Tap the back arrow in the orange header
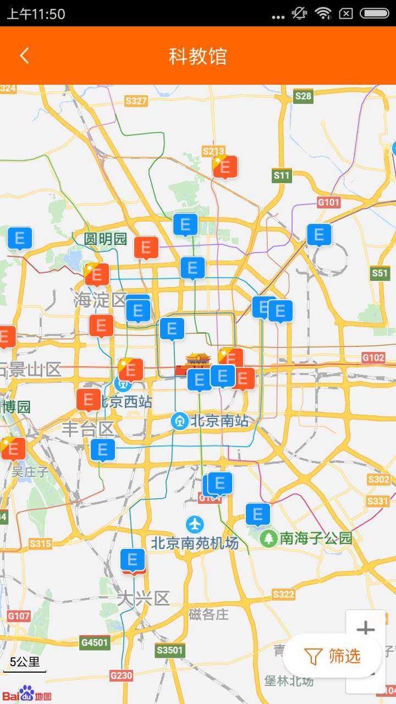pyautogui.click(x=24, y=56)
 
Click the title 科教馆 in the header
pyautogui.click(x=198, y=56)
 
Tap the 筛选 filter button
pyautogui.click(x=333, y=656)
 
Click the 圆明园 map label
pyautogui.click(x=106, y=239)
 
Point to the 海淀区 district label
pyautogui.click(x=100, y=300)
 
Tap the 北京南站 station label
pyautogui.click(x=219, y=421)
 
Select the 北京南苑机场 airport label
pyautogui.click(x=195, y=543)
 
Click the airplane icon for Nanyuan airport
pyautogui.click(x=195, y=524)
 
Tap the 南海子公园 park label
pyautogui.click(x=316, y=538)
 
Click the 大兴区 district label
pyautogui.click(x=144, y=598)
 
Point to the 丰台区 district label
pyautogui.click(x=88, y=428)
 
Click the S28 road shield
pyautogui.click(x=303, y=96)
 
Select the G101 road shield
pyautogui.click(x=328, y=202)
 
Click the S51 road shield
pyautogui.click(x=380, y=273)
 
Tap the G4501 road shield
pyautogui.click(x=95, y=642)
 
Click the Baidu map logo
pyautogui.click(x=26, y=694)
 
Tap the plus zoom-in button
pyautogui.click(x=365, y=629)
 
